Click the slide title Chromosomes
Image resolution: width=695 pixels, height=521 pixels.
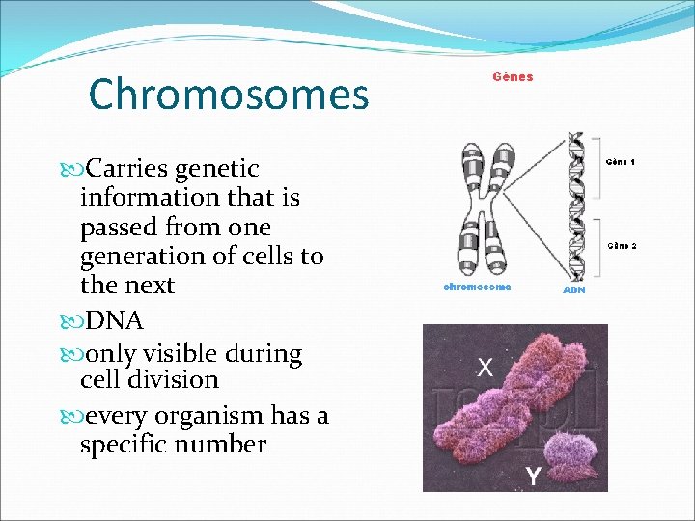(229, 95)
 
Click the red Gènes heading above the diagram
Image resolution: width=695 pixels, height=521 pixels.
(513, 77)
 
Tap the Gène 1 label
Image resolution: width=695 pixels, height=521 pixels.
(621, 162)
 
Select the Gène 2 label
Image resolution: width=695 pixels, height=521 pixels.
(621, 245)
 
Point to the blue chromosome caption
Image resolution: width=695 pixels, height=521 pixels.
(477, 287)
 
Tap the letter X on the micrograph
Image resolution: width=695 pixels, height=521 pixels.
(486, 367)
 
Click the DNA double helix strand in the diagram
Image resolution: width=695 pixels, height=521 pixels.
(576, 203)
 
